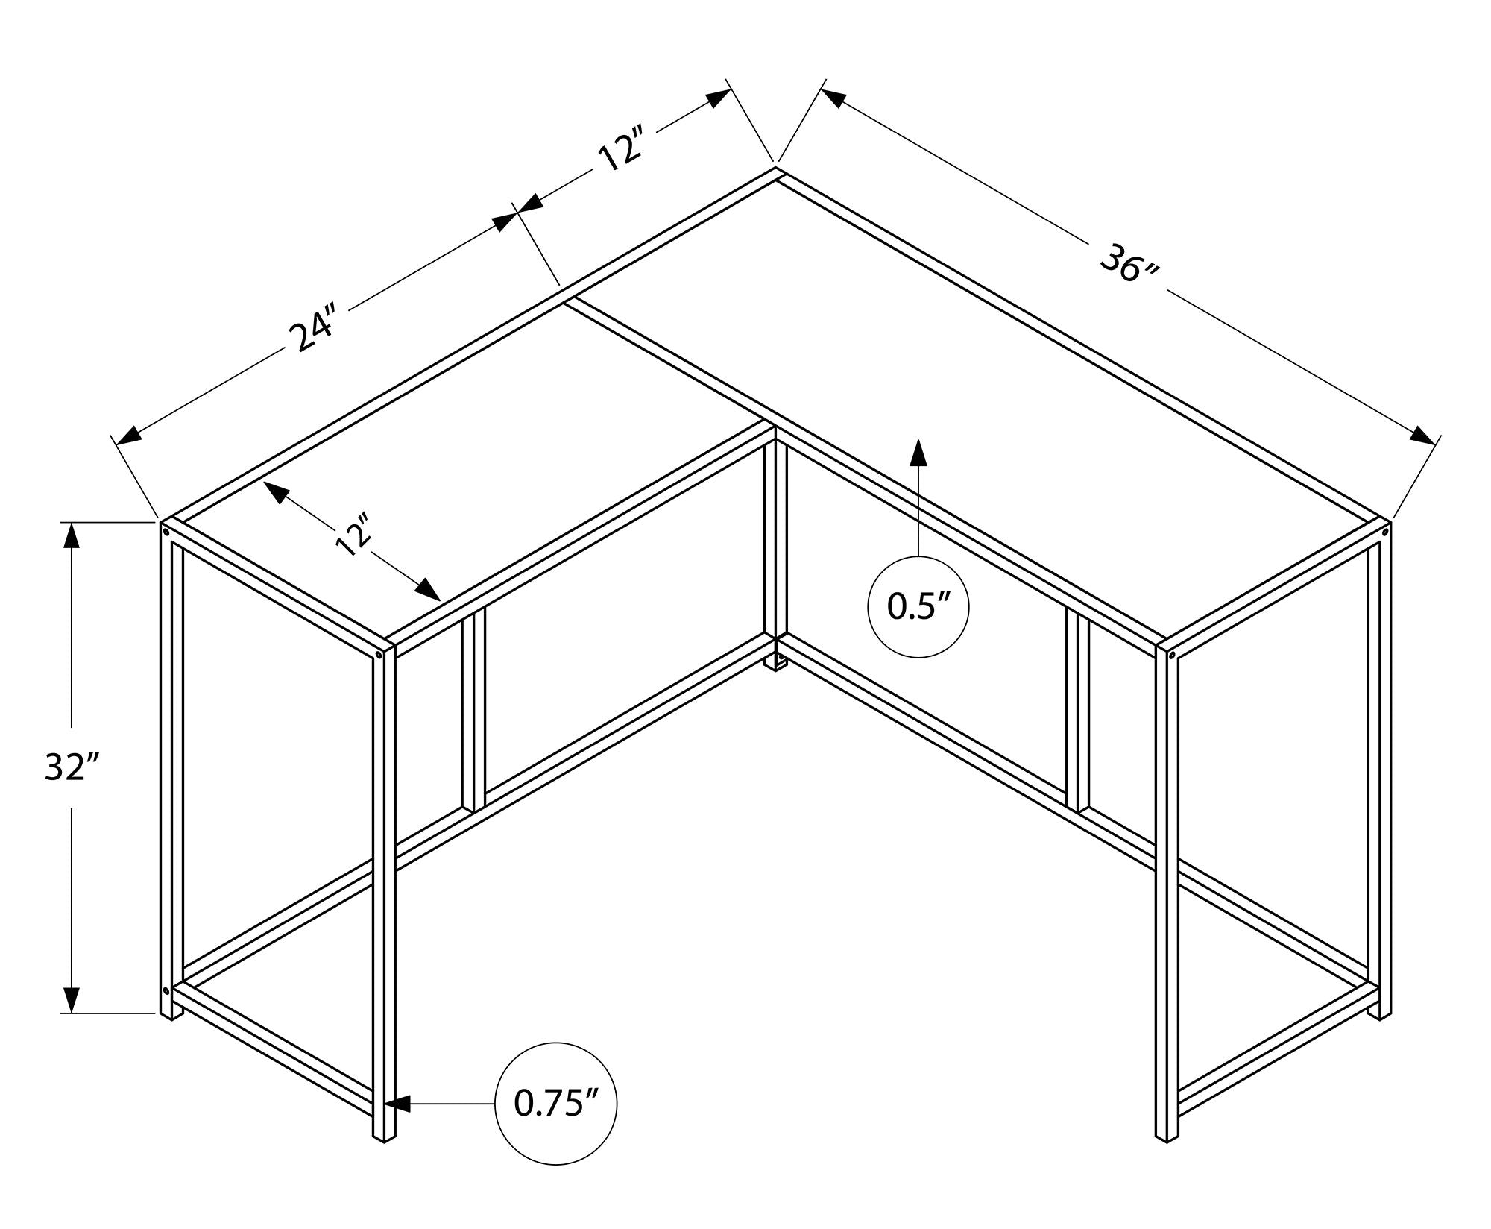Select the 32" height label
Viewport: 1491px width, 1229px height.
(x=72, y=767)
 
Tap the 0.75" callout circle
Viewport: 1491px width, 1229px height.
(x=557, y=1103)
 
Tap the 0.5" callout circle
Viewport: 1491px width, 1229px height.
(x=918, y=607)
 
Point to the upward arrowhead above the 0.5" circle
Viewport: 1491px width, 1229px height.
(x=918, y=452)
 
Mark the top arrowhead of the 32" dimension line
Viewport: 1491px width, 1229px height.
(x=72, y=535)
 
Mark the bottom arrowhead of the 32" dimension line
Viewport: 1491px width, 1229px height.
(x=72, y=999)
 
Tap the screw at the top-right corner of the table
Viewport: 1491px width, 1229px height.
(x=1385, y=534)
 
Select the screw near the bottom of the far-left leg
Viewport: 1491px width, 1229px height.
(x=166, y=991)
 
